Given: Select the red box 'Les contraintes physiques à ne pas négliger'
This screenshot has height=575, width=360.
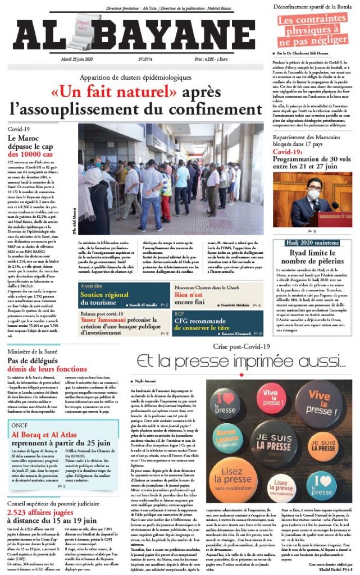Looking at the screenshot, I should (x=312, y=31).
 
